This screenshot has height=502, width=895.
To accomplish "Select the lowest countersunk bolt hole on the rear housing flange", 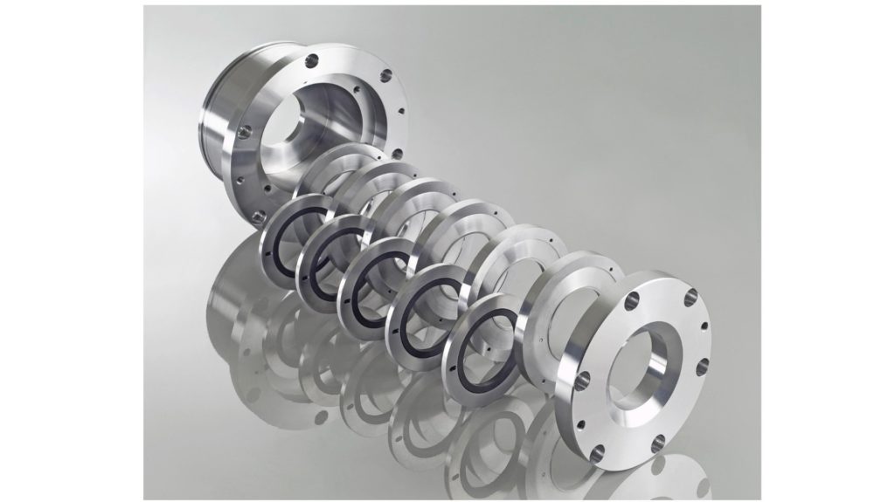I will pyautogui.click(x=258, y=216).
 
